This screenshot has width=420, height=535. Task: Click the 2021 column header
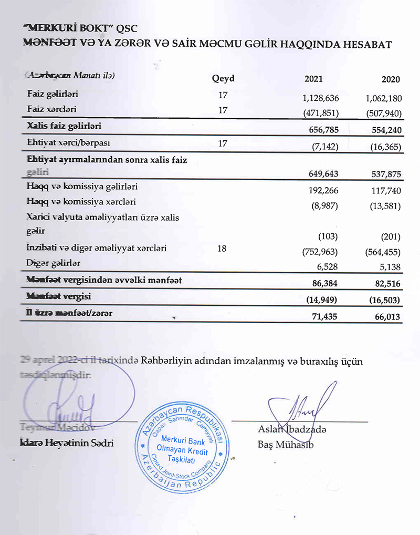(x=313, y=79)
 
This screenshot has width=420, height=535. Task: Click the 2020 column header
(x=391, y=79)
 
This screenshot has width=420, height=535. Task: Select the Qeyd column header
(x=223, y=79)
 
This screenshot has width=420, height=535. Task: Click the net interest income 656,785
(x=322, y=128)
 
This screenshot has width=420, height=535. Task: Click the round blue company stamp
(x=182, y=446)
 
